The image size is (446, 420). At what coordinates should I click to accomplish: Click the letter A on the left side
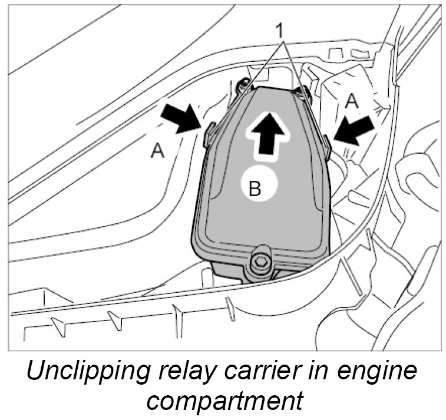pos(157,151)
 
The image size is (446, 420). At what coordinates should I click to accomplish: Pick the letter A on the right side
pos(352,101)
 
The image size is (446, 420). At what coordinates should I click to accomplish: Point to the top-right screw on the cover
pos(301,92)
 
